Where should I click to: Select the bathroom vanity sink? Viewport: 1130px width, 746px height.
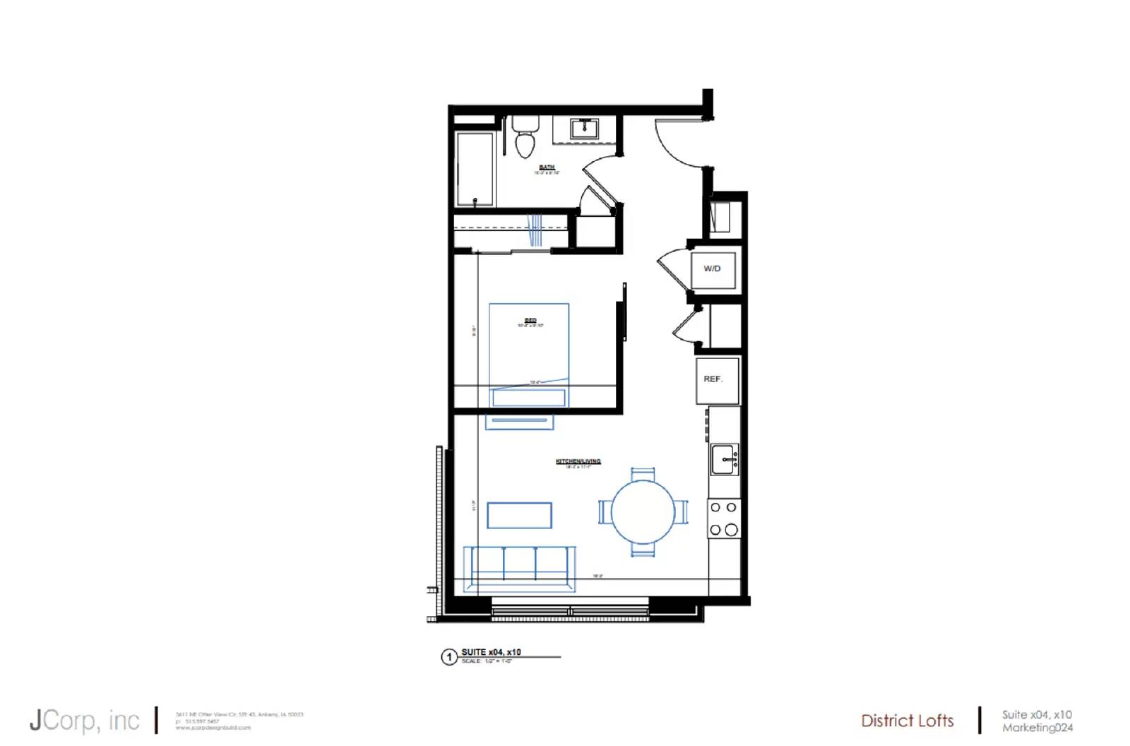(585, 129)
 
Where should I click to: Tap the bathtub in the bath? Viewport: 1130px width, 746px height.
(475, 169)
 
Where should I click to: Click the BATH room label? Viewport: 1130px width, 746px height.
(547, 167)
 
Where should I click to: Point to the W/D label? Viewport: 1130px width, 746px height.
(712, 268)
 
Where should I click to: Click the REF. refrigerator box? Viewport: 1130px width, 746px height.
(717, 380)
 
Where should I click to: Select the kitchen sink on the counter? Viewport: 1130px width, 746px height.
(725, 460)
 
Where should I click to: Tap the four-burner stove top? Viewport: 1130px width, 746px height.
(724, 518)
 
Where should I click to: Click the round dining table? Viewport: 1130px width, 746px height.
(643, 511)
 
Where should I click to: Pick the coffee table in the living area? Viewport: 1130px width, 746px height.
(519, 515)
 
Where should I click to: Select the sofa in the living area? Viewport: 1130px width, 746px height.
(519, 567)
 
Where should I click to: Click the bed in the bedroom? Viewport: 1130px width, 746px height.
(529, 353)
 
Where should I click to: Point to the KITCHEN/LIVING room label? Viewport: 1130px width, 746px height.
(578, 461)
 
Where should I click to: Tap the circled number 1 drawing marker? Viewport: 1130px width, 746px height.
(448, 657)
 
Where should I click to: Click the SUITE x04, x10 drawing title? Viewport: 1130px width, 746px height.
(492, 652)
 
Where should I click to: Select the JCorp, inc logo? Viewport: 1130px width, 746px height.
(85, 721)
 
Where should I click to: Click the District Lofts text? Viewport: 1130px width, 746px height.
(908, 721)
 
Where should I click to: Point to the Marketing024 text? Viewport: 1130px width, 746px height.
(1037, 728)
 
